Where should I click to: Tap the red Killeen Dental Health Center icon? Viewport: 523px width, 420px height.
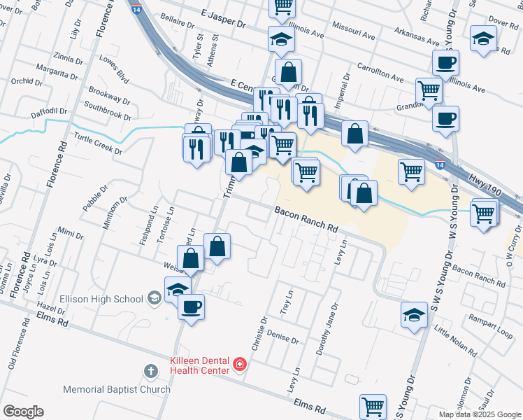(x=240, y=364)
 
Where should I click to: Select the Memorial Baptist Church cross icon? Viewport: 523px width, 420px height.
(x=150, y=370)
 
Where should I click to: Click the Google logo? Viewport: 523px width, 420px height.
(x=23, y=412)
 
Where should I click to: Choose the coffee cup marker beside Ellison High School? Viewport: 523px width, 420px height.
(x=190, y=306)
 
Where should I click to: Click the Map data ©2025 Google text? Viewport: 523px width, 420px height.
(x=479, y=414)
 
